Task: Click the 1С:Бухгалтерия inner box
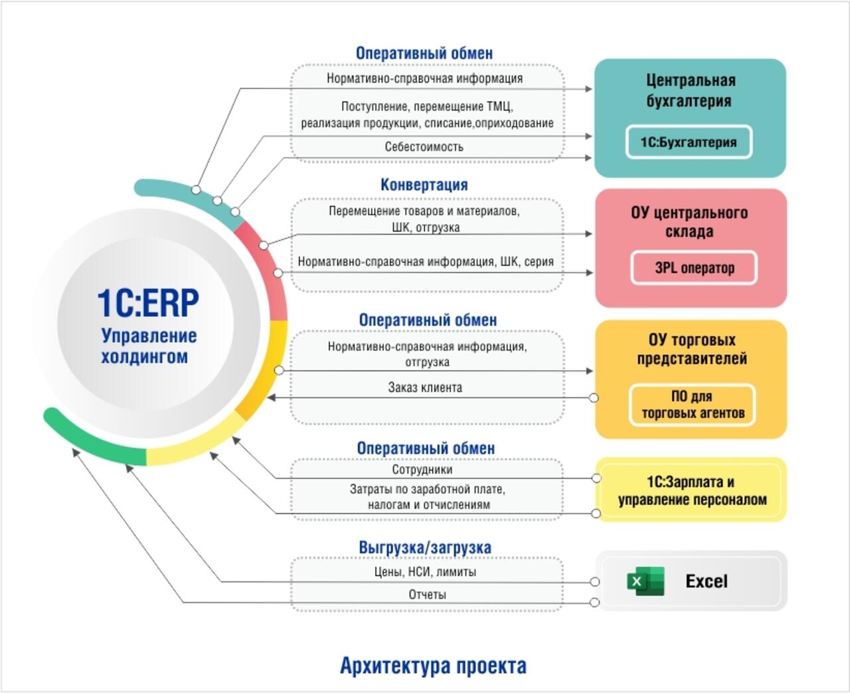[689, 142]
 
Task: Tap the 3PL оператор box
[694, 268]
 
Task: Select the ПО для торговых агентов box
[693, 405]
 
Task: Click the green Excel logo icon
[645, 581]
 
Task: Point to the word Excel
[706, 581]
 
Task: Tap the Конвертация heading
[424, 185]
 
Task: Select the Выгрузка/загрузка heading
[425, 547]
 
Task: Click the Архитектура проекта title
[433, 665]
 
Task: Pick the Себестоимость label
[424, 147]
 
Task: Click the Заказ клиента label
[425, 387]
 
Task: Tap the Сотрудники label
[422, 470]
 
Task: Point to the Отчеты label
[427, 595]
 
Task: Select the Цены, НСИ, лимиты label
[425, 571]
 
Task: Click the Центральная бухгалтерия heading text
[690, 90]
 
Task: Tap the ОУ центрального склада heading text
[689, 222]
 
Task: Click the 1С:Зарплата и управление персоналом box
[691, 490]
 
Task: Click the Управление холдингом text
[148, 346]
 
